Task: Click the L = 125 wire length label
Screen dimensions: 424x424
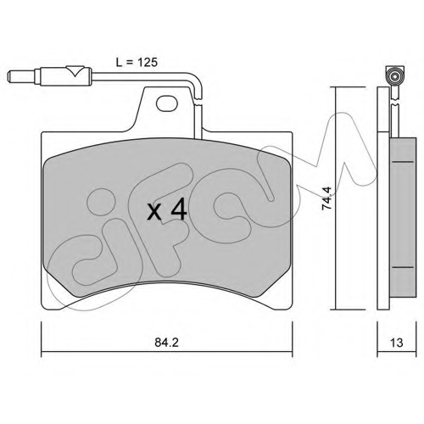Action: [x=137, y=62]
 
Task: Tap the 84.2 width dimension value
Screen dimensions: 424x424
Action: [x=167, y=343]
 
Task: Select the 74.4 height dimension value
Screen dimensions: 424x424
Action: [x=326, y=198]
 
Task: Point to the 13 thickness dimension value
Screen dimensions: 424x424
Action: [x=397, y=343]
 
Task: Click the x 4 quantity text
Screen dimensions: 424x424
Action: [x=167, y=209]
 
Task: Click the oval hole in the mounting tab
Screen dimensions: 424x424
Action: [x=167, y=103]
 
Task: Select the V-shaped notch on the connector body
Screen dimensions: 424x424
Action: [x=75, y=71]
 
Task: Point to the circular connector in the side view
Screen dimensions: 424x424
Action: [x=395, y=76]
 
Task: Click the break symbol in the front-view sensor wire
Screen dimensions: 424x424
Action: [x=198, y=102]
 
